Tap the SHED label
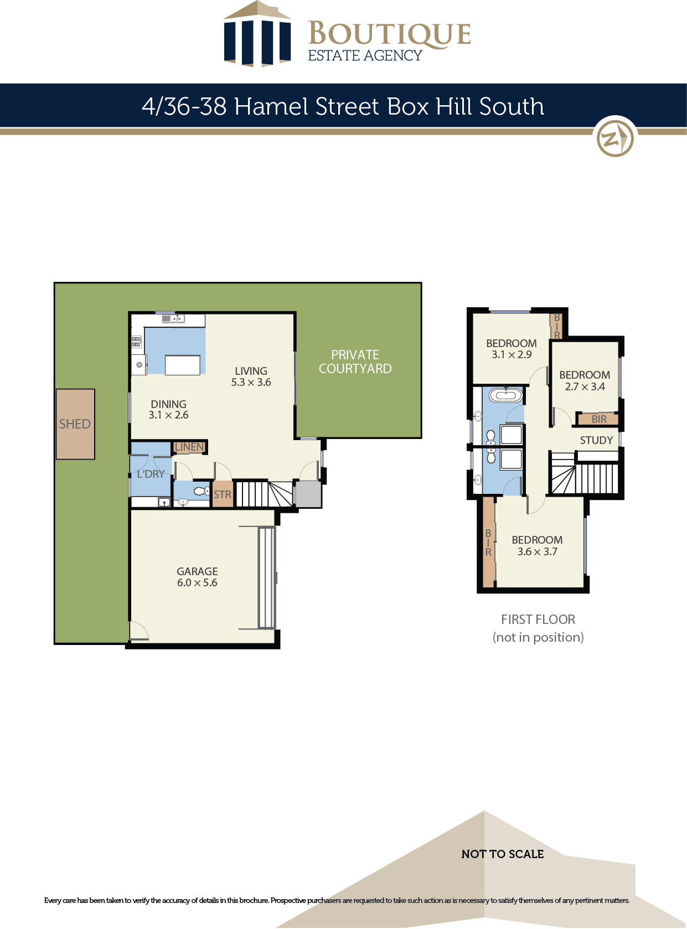(x=75, y=424)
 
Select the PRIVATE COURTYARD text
(x=355, y=362)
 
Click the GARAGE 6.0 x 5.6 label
(x=197, y=577)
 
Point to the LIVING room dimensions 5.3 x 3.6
(x=251, y=382)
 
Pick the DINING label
(x=168, y=404)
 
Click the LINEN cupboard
(x=189, y=447)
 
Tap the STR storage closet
(x=223, y=494)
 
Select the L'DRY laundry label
(x=151, y=474)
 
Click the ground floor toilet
(x=202, y=491)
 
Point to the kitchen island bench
(x=182, y=365)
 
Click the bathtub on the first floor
(x=506, y=395)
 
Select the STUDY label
(x=597, y=440)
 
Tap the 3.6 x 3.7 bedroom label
(x=538, y=551)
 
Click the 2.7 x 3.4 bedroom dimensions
(x=585, y=386)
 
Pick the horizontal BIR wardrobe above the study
(x=598, y=419)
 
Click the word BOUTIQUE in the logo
(x=390, y=33)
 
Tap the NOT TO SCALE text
(x=503, y=854)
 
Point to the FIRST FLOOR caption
(x=538, y=619)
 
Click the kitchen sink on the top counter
(x=173, y=319)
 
